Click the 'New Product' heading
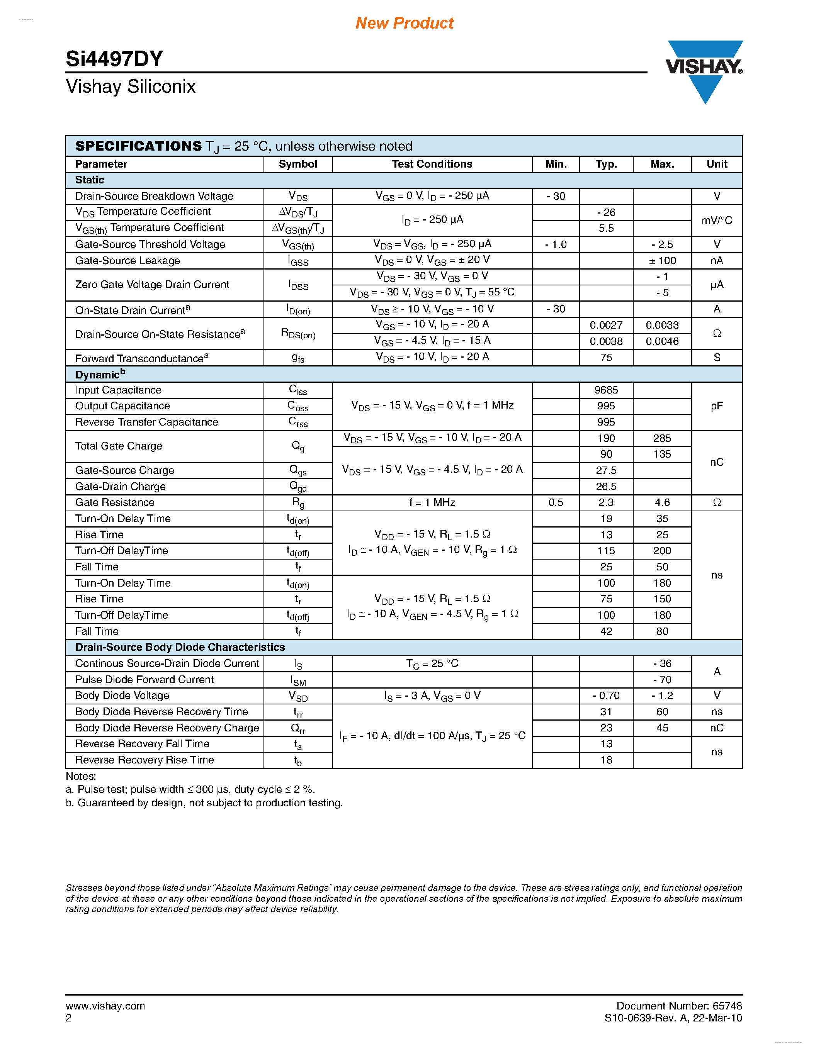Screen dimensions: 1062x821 [x=404, y=23]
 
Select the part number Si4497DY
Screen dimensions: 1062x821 [x=114, y=59]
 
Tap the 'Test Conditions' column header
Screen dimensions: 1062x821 [x=432, y=164]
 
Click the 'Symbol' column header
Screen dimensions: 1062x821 [x=297, y=164]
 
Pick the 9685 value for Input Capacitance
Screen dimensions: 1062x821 [x=606, y=390]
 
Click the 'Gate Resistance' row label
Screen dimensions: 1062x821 [x=115, y=502]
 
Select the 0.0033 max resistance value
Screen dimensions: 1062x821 [x=662, y=325]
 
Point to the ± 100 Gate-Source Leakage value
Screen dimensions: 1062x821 [x=662, y=261]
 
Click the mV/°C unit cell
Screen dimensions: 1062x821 [x=716, y=220]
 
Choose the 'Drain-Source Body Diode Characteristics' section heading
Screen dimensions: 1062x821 [x=180, y=647]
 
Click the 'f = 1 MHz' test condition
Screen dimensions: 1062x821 [x=432, y=502]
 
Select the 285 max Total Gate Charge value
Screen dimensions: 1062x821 [x=662, y=438]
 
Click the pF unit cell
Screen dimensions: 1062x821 [x=716, y=406]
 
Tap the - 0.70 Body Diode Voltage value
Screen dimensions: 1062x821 [x=606, y=696]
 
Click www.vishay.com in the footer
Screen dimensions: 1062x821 [x=105, y=1006]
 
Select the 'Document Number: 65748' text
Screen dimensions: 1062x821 [x=679, y=1006]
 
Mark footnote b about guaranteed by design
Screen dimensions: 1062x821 [x=204, y=803]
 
